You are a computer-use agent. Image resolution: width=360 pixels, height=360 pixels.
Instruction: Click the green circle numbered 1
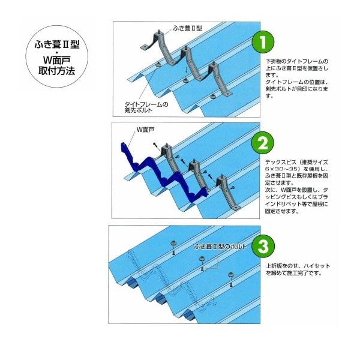pos(263,42)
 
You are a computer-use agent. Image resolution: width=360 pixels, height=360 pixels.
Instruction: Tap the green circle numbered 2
pos(263,143)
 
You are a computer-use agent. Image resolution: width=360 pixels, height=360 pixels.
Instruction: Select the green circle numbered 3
pos(263,246)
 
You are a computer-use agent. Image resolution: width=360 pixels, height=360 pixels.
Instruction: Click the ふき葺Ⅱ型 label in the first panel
pos(188,28)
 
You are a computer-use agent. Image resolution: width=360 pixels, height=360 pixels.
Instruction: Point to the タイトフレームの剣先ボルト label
pos(146,107)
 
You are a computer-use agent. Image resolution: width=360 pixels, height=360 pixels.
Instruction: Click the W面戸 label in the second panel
pos(146,130)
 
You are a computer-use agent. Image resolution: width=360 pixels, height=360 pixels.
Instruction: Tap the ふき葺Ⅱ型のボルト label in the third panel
pos(220,247)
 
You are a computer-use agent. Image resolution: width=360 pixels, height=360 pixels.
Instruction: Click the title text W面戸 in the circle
pos(57,60)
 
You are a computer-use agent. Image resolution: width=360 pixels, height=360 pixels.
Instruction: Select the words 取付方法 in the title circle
pos(57,70)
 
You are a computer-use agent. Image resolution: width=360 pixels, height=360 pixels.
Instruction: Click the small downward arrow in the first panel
pos(186,71)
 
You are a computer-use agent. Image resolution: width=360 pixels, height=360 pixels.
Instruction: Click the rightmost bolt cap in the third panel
pos(230,275)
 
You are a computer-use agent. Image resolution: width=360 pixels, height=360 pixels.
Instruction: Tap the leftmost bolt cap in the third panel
pos(173,243)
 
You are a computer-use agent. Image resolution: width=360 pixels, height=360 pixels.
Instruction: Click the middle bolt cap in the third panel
pos(202,259)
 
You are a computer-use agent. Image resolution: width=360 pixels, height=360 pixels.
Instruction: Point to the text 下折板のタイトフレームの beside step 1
pos(297,61)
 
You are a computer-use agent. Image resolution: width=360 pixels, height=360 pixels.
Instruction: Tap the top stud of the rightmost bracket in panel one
pos(214,63)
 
